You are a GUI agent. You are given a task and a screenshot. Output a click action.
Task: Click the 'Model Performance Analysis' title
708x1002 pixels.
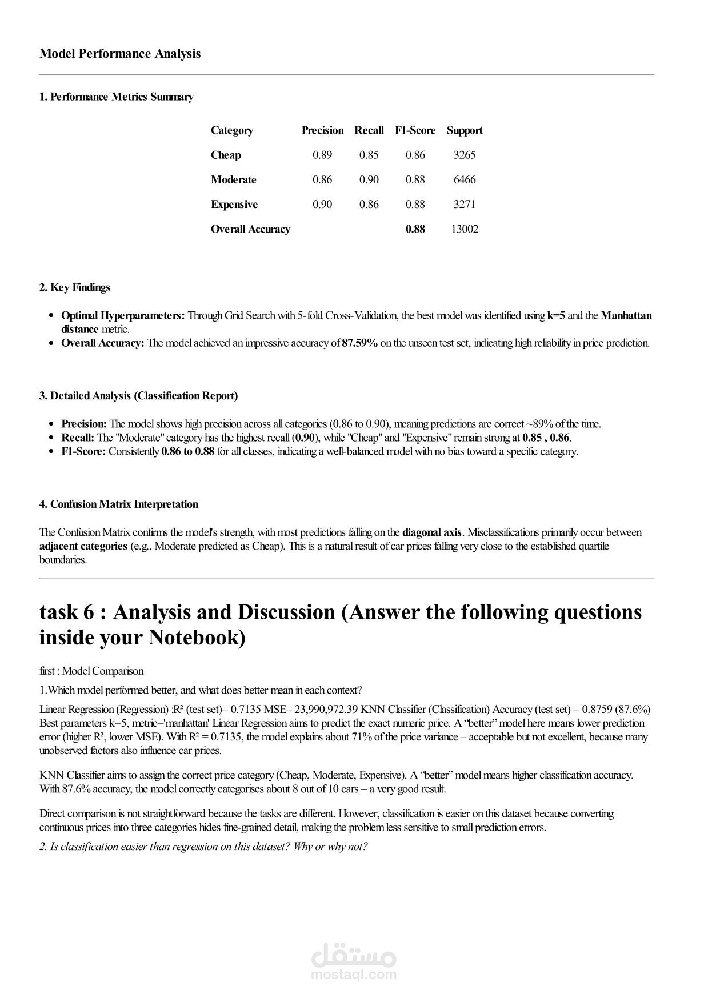[x=120, y=54]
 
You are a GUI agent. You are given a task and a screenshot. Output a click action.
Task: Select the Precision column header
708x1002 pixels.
[x=322, y=130]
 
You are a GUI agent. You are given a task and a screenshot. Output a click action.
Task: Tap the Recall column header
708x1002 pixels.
[x=369, y=130]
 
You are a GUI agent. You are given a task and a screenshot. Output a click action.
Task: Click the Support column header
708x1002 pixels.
[x=464, y=130]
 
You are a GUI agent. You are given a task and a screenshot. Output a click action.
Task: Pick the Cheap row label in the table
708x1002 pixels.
[x=226, y=155]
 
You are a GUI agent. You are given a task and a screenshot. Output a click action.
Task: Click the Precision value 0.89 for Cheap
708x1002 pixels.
[x=322, y=155]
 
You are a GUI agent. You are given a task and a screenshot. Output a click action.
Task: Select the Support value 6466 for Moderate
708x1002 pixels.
[x=464, y=179]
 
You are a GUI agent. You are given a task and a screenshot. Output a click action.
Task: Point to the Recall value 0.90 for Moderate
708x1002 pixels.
[x=369, y=179]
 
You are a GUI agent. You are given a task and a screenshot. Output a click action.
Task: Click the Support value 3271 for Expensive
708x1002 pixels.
[x=464, y=204]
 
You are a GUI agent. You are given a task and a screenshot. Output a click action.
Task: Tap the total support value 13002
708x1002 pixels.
[x=464, y=229]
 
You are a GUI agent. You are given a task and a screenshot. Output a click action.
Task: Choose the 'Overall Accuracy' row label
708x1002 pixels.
[x=250, y=229]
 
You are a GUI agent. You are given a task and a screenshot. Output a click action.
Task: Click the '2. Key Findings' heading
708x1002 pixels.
[x=74, y=287]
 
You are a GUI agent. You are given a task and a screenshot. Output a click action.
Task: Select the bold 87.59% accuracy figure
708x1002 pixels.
[x=359, y=343]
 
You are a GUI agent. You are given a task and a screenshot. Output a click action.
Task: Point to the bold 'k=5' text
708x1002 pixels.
[x=556, y=315]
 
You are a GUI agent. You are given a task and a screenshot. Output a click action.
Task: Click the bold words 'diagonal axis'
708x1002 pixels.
[x=432, y=532]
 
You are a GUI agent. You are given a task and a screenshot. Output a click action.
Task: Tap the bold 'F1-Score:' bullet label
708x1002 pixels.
[x=83, y=451]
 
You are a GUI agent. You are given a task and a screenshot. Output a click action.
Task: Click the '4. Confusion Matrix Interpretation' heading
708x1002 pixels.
[x=119, y=504]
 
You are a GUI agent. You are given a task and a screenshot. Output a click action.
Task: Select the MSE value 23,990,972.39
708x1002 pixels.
[x=326, y=710]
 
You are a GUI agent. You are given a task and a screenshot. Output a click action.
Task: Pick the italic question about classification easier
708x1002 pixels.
[x=203, y=847]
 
